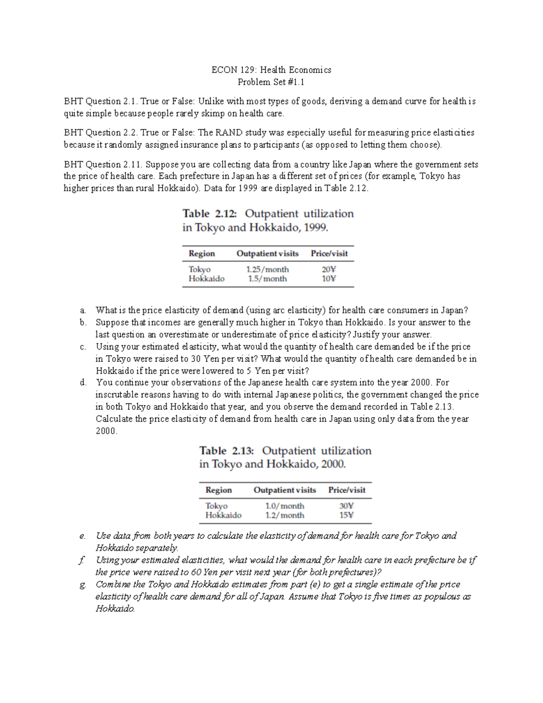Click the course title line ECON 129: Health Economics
pos(271,70)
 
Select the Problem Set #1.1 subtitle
pos(271,82)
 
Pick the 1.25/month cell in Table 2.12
pos(267,269)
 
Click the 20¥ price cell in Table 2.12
pos(329,269)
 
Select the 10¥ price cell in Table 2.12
pos(329,279)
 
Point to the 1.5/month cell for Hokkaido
pos(267,279)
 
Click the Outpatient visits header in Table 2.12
pos(267,253)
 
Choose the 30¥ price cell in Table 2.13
pos(347,506)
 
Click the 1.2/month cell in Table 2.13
pos(285,515)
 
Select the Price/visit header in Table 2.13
pos(347,490)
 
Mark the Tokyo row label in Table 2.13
pos(216,506)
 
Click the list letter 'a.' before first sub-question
pos(82,311)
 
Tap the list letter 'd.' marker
pos(82,383)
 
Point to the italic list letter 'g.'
pos(82,585)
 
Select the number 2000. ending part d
pos(106,431)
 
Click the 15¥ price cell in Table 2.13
pos(347,515)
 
